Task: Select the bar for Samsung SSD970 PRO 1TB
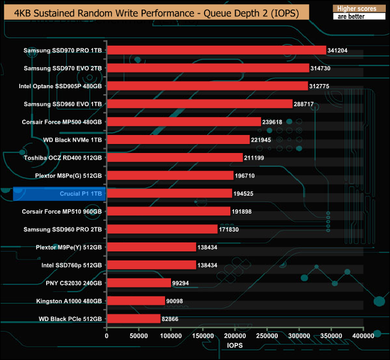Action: [x=216, y=50]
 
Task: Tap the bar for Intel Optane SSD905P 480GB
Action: [x=207, y=86]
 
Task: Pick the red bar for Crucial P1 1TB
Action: [x=169, y=193]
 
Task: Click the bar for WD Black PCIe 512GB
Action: [x=133, y=319]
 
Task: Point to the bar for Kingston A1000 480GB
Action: [x=136, y=301]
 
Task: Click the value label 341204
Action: [x=338, y=51]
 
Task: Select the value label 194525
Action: [x=245, y=194]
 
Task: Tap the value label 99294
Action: [x=182, y=283]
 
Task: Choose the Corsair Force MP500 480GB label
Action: [x=62, y=122]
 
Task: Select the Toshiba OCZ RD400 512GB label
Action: [x=63, y=158]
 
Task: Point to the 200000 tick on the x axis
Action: [x=235, y=336]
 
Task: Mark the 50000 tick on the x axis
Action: [x=139, y=336]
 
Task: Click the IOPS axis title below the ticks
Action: [x=235, y=346]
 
